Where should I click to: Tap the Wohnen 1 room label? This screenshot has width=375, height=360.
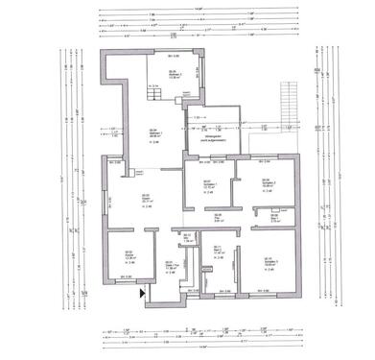[152, 134]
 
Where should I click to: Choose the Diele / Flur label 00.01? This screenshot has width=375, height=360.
[170, 266]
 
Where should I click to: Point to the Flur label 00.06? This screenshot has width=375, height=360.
[219, 216]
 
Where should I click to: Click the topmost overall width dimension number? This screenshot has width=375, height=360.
[199, 7]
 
